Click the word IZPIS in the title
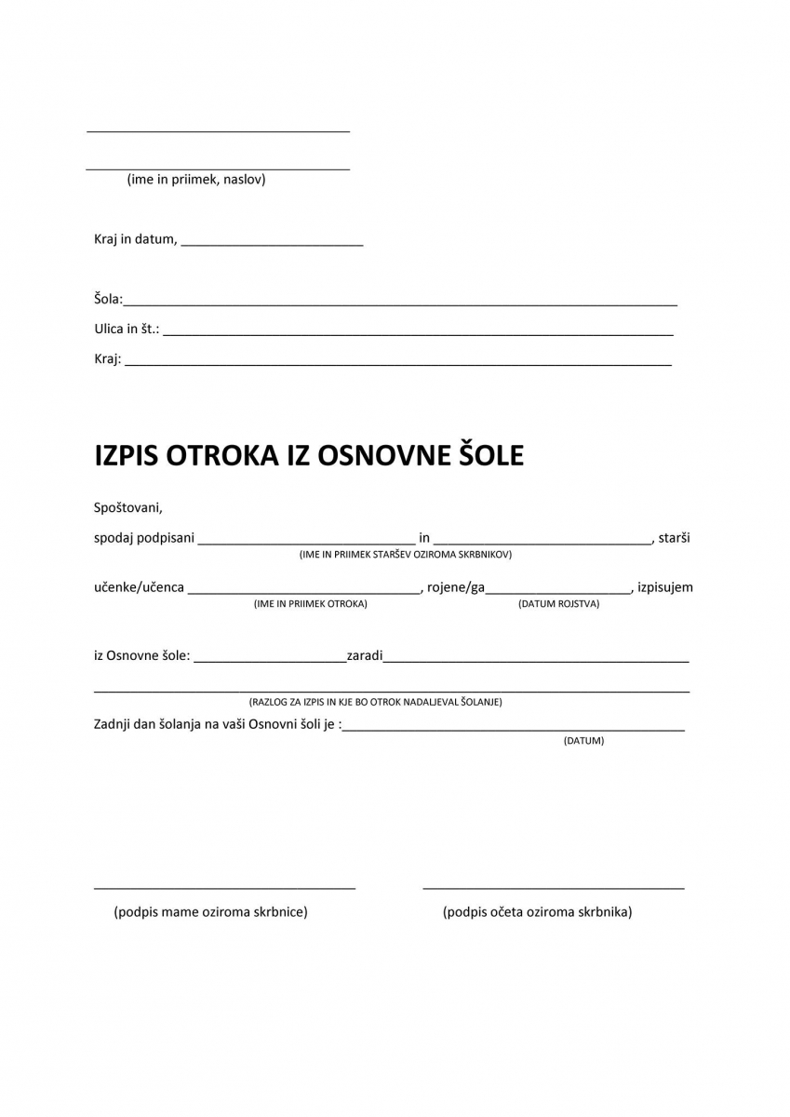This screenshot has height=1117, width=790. (127, 455)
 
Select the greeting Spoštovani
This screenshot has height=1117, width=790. (128, 508)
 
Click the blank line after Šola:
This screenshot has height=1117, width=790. (400, 303)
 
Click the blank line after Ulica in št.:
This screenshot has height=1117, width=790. (418, 333)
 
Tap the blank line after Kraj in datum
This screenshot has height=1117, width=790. (272, 244)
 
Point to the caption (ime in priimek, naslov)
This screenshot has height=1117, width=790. (196, 180)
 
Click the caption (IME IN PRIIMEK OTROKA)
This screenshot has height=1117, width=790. (311, 604)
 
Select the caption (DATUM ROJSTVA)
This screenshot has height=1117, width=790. (558, 604)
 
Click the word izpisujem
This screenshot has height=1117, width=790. (665, 587)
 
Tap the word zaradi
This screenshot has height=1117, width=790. (365, 655)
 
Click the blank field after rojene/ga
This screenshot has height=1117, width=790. (558, 591)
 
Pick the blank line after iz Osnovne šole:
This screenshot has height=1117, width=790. (270, 660)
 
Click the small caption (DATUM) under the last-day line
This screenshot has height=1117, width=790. (583, 741)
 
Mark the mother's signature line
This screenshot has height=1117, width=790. (224, 888)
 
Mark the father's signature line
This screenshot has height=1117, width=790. (554, 888)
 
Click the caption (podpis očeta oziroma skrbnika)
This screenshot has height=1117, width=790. (538, 912)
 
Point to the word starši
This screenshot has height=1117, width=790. (674, 538)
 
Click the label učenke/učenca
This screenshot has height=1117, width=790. (139, 587)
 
